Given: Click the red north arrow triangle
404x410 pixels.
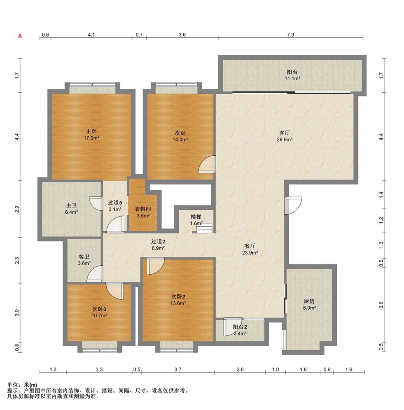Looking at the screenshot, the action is tap(20, 35).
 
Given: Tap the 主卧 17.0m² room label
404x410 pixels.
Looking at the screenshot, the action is tap(91, 134).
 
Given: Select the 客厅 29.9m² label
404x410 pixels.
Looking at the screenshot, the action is tap(284, 136).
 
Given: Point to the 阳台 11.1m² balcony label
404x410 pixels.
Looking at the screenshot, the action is tap(292, 75).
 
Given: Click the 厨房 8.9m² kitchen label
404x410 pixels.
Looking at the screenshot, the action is tap(309, 304).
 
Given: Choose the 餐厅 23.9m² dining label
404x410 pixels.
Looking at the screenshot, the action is tap(250, 249).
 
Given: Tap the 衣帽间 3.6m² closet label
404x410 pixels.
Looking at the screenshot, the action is tap(143, 212).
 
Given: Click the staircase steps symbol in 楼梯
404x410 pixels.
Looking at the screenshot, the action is tap(204, 228).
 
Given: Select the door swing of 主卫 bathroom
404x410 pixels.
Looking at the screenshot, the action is tap(96, 204).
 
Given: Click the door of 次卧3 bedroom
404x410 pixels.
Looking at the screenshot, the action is tap(115, 291).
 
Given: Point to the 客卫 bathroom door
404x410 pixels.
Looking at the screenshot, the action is tap(95, 274).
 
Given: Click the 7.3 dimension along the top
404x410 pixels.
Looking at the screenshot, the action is tap(290, 34).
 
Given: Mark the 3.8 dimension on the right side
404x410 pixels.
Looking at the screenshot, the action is tap(381, 305).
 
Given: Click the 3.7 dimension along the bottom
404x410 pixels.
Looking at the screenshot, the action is tap(178, 370).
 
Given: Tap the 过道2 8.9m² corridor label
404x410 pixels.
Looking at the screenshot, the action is tap(158, 245).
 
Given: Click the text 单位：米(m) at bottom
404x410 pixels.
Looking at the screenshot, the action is tap(22, 385).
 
